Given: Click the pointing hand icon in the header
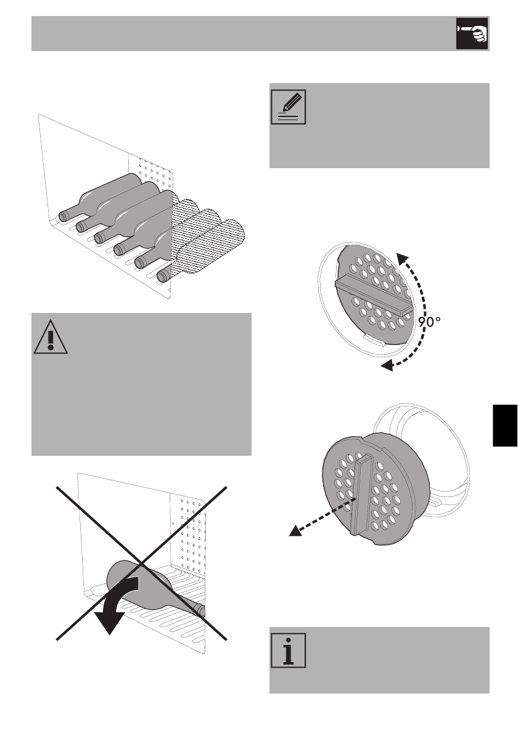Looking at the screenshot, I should coord(472,34).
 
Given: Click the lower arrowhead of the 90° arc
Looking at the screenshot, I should coord(387,367).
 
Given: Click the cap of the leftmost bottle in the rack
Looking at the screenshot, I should coord(64,216).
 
